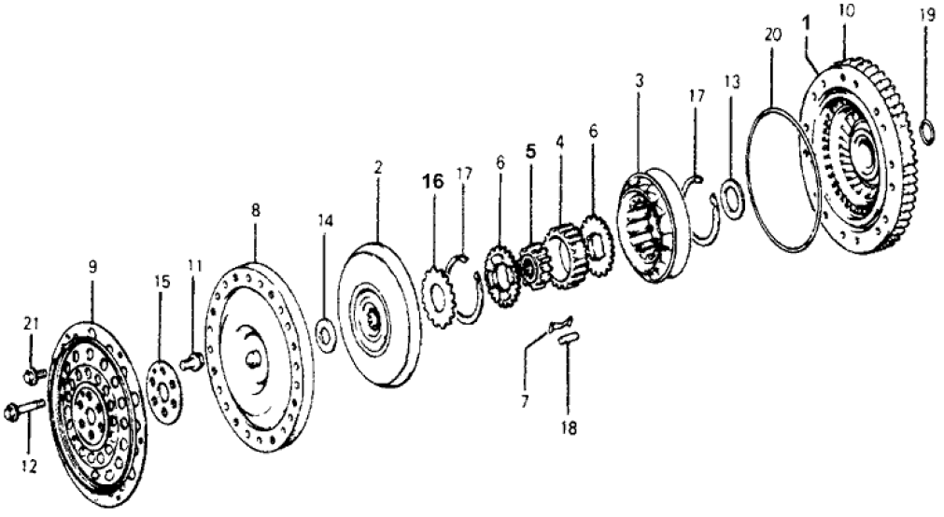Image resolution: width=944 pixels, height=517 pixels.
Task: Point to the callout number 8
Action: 254,211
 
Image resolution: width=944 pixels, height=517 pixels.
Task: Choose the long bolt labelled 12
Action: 25,410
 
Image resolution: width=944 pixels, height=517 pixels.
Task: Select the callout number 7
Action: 525,402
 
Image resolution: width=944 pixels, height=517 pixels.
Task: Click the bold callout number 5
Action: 531,149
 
